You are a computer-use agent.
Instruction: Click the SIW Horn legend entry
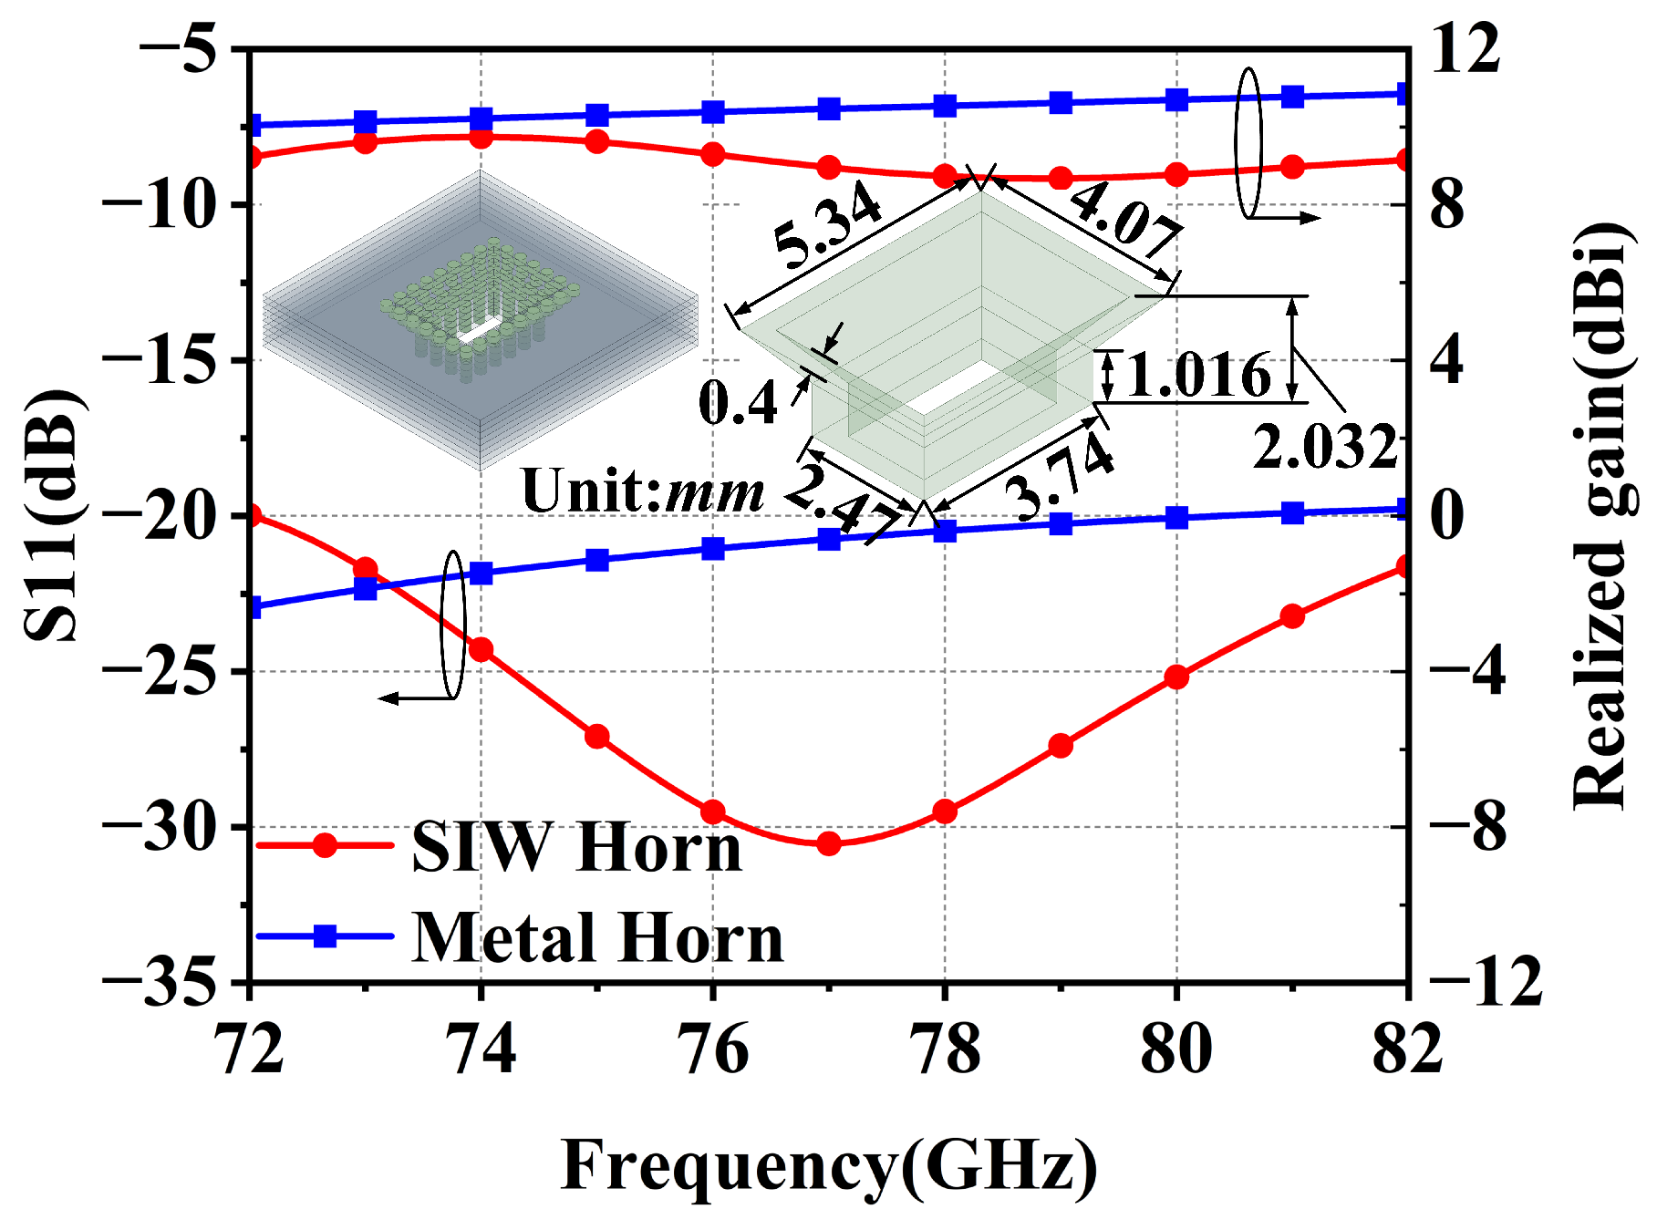(576, 847)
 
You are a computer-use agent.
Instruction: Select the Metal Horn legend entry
(597, 937)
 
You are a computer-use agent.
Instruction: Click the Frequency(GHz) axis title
(828, 1165)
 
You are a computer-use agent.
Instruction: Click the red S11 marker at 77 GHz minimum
(828, 843)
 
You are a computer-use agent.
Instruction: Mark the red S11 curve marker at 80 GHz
(1176, 677)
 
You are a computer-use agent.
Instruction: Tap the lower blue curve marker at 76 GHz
(713, 549)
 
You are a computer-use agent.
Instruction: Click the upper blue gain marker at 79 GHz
(1061, 102)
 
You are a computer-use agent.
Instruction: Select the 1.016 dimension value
(1197, 375)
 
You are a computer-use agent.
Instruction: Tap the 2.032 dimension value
(1324, 448)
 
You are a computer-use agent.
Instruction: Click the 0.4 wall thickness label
(737, 402)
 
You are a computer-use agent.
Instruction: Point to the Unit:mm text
(642, 491)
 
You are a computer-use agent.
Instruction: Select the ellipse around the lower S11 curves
(453, 625)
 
